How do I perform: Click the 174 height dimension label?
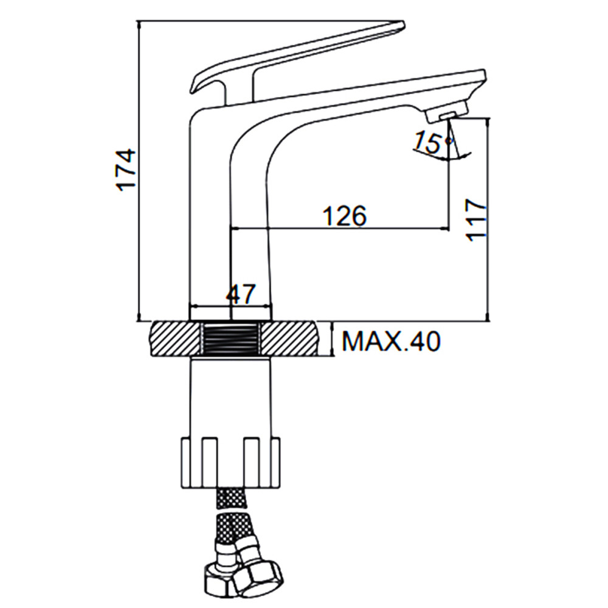click(x=126, y=170)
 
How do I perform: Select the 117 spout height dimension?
click(x=476, y=220)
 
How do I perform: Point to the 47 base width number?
click(x=241, y=294)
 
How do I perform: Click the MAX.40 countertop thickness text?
click(x=391, y=341)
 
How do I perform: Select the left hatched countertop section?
click(x=174, y=339)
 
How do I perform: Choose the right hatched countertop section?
click(x=289, y=338)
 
